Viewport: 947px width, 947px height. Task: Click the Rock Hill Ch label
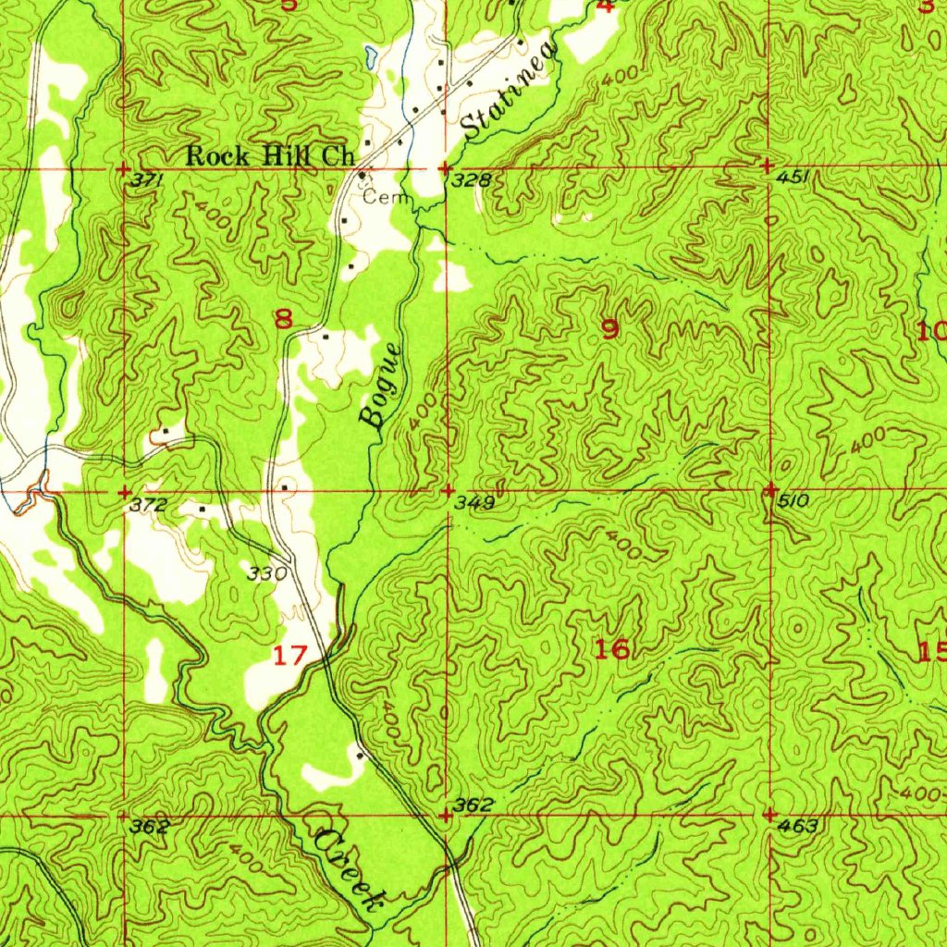(271, 156)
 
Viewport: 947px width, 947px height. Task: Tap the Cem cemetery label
(380, 197)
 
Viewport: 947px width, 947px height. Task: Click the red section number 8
(283, 320)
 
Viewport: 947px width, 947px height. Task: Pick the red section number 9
(609, 329)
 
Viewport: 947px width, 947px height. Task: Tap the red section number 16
(612, 649)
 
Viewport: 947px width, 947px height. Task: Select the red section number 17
(289, 656)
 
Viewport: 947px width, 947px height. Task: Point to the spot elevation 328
(470, 180)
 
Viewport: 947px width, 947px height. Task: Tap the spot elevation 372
(149, 505)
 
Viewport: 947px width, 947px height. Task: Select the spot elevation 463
(798, 826)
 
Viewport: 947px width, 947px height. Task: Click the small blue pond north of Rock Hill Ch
(370, 57)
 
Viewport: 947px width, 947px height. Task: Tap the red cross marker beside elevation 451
(769, 166)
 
